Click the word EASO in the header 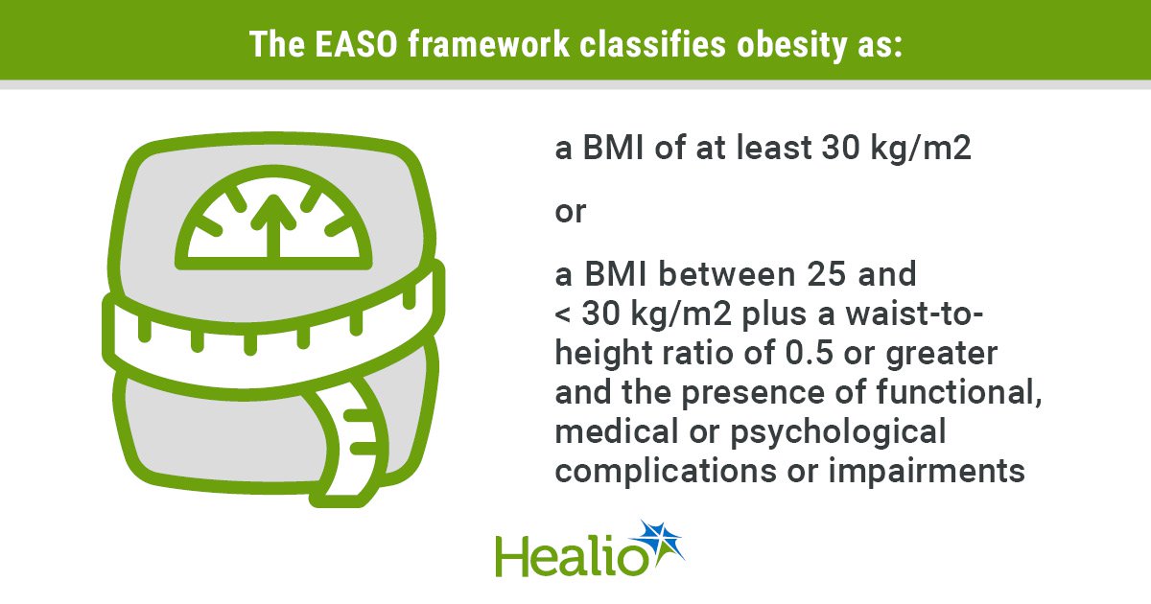pos(356,44)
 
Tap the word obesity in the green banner pos(790,45)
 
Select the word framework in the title pos(488,44)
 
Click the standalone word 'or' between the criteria pos(571,212)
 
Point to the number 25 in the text pos(826,274)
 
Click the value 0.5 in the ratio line pos(809,353)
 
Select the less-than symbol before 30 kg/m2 pos(563,314)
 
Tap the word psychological pos(838,432)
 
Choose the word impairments pos(927,471)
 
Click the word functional pos(959,392)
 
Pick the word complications pos(666,471)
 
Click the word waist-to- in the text pos(914,314)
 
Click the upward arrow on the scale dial pos(273,226)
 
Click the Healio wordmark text pos(572,557)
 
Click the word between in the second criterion pos(727,274)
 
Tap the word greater pos(941,355)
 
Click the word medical pos(617,430)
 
